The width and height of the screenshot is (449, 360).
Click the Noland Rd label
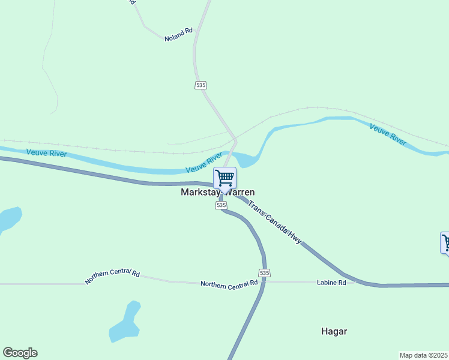click(179, 34)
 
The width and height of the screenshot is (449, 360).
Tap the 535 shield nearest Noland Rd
click(200, 85)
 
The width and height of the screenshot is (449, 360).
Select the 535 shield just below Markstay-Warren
click(221, 205)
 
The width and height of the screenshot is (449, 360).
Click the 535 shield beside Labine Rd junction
click(265, 272)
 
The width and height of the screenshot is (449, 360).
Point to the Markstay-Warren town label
click(218, 193)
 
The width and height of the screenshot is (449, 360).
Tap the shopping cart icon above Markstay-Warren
click(224, 178)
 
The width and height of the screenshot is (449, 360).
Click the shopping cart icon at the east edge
click(445, 242)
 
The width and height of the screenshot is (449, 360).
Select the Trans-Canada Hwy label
click(275, 221)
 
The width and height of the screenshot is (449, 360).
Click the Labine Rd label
click(332, 282)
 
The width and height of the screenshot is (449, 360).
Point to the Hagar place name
click(334, 331)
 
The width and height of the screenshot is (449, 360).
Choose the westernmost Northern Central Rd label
click(112, 277)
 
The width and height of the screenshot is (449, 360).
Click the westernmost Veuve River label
click(46, 154)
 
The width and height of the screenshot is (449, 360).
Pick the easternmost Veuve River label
click(388, 135)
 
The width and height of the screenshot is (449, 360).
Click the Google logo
click(20, 353)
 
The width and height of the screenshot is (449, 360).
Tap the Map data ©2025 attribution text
click(423, 355)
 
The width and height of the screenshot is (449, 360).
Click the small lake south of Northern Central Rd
click(125, 324)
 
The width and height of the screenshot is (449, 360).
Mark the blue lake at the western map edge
click(8, 218)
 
